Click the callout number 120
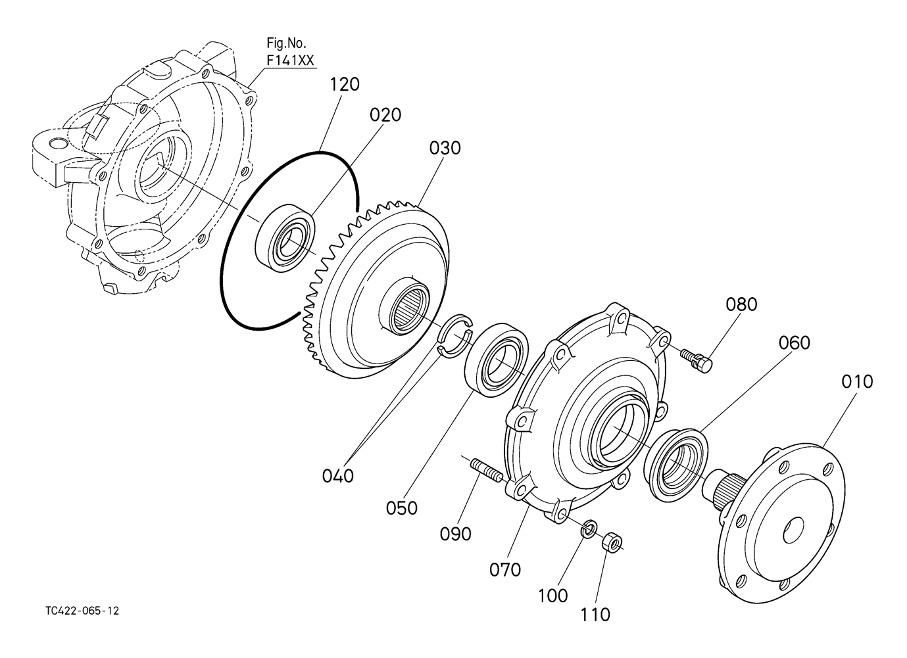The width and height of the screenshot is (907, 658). pos(345,85)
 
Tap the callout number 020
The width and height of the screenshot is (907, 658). pos(385,115)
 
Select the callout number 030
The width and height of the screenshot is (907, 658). pos(445,148)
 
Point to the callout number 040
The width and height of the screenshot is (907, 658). pos(337,476)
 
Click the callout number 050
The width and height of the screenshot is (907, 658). pos(402,508)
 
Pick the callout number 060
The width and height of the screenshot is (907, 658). pos(795,342)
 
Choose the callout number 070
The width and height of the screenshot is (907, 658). pos(505,570)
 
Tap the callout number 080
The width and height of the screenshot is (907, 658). pos(741,304)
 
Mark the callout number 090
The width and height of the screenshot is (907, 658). pos(456,534)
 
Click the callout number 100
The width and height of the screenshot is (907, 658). pos(552,596)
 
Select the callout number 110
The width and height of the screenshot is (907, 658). pos(595,615)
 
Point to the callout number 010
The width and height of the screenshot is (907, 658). pos(857,382)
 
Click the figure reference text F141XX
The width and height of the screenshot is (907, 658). pos(290,60)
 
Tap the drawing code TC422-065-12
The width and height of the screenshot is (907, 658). pos(83,611)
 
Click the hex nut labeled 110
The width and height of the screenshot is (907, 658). pos(612,542)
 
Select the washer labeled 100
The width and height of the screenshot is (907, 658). pos(589,529)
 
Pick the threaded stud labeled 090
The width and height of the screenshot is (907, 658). pos(487,472)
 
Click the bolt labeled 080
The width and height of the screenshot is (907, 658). pos(697,361)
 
